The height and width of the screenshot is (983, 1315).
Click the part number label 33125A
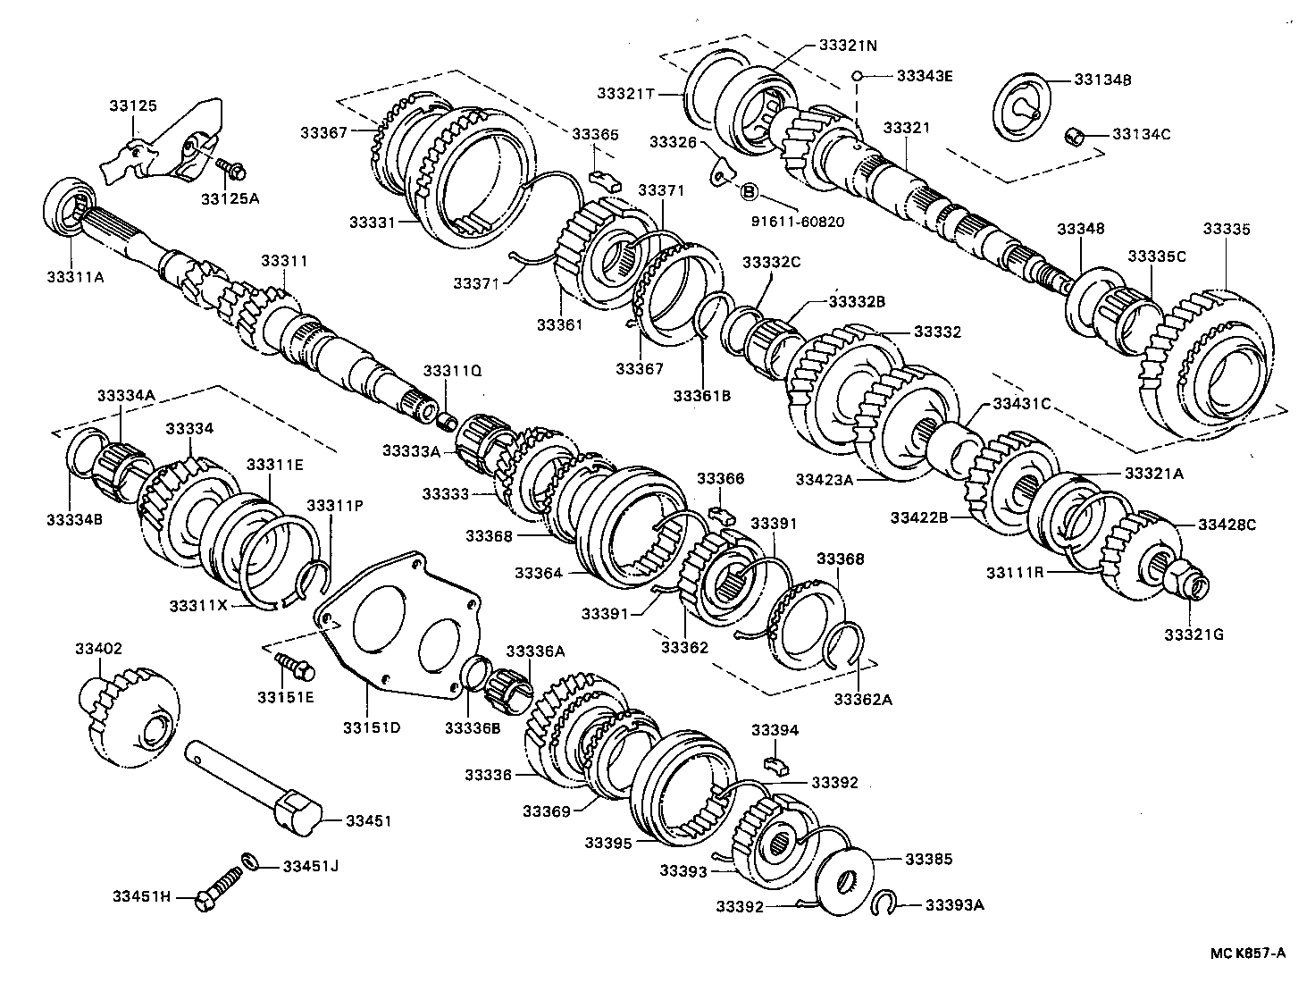230,198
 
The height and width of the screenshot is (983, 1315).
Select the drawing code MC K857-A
1248,953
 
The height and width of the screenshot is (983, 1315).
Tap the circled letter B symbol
749,191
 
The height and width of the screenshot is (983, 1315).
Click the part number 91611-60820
799,222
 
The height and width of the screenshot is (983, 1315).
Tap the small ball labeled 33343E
856,76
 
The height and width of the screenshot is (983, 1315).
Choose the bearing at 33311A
68,207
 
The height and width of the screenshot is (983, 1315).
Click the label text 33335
1227,229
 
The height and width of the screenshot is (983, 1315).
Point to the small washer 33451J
252,861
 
